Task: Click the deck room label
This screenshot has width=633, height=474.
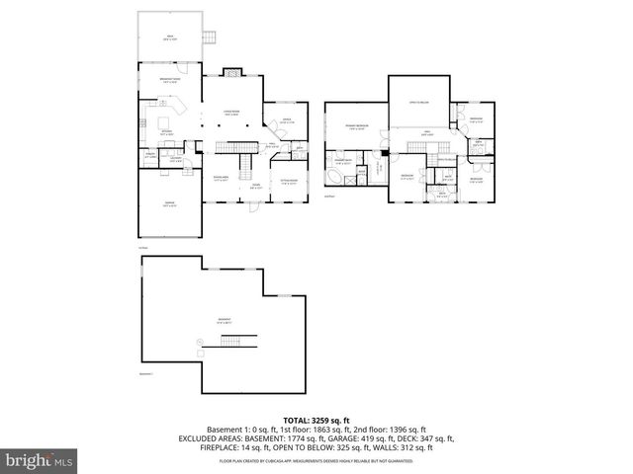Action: point(168,39)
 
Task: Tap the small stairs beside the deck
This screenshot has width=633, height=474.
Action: point(209,39)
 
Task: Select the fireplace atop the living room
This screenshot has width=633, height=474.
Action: point(230,71)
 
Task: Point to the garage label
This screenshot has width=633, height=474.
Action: point(169,204)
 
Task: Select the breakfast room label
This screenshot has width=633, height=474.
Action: point(168,80)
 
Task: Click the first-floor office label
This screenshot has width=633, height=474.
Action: point(287,121)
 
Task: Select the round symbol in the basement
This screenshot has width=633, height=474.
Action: point(199,341)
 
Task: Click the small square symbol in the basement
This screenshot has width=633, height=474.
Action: point(205,352)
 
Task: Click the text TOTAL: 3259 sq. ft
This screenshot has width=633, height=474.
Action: point(316,419)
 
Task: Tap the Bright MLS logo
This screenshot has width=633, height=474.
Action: point(40,460)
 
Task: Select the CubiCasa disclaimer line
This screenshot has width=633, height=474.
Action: point(316,460)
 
